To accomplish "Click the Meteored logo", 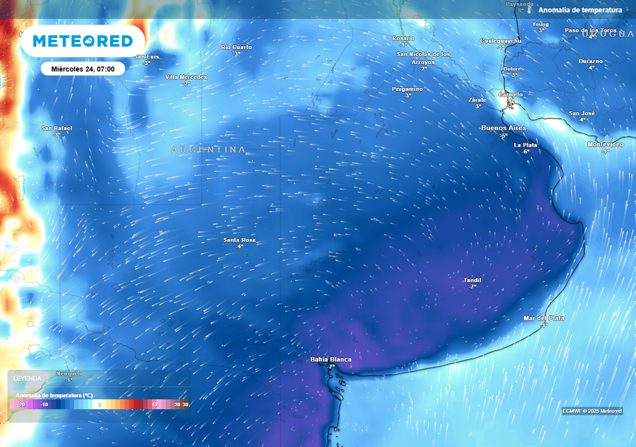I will pyautogui.click(x=83, y=41).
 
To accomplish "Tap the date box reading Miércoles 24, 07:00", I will pyautogui.click(x=83, y=68).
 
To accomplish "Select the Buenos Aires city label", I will pyautogui.click(x=504, y=128).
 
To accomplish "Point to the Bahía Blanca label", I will pyautogui.click(x=330, y=359).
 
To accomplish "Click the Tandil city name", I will pyautogui.click(x=473, y=280).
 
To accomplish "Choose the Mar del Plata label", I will pyautogui.click(x=543, y=318).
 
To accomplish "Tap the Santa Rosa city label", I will pyautogui.click(x=240, y=240).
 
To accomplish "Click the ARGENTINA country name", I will pyautogui.click(x=208, y=150).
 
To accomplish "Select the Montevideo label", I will pyautogui.click(x=606, y=145).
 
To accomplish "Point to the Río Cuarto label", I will pyautogui.click(x=237, y=47).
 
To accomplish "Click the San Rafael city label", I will pyautogui.click(x=57, y=129).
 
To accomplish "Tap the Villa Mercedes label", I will pyautogui.click(x=186, y=77).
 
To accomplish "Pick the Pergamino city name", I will pyautogui.click(x=407, y=89).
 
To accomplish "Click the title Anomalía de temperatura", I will pyautogui.click(x=580, y=10).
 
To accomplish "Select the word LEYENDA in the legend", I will pyautogui.click(x=27, y=378).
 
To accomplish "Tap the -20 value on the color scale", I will pyautogui.click(x=21, y=405).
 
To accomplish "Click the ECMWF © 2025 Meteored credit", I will pyautogui.click(x=592, y=411).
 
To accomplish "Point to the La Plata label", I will pyautogui.click(x=525, y=145).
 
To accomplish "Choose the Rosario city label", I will pyautogui.click(x=403, y=38).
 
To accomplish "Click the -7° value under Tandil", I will pyautogui.click(x=473, y=287).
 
